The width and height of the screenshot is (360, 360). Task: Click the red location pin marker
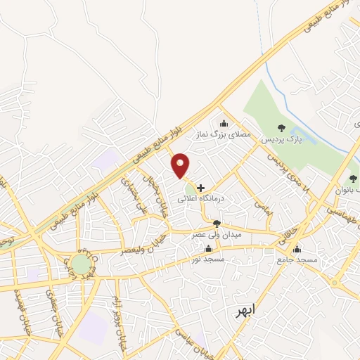[x=181, y=165]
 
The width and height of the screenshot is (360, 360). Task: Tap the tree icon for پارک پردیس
[x=281, y=128]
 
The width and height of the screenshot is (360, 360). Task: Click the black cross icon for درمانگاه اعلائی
[x=201, y=188]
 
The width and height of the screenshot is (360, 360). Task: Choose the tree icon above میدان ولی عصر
[x=216, y=224]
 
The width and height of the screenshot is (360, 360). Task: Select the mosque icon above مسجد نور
[x=207, y=248]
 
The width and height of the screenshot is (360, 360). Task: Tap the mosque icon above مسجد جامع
[x=297, y=248]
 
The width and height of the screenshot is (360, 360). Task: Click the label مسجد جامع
[x=297, y=259]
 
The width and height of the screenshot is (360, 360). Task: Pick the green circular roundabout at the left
[x=81, y=264]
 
